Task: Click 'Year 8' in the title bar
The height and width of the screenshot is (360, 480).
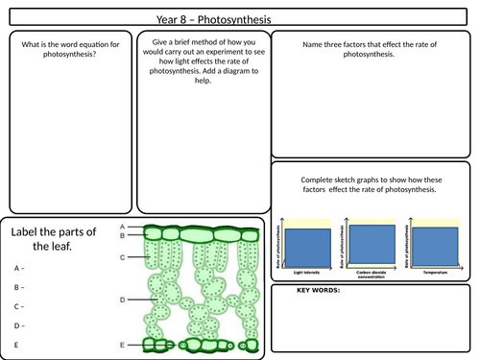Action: tap(176, 18)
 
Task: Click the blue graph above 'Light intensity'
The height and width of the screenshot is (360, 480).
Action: tap(305, 247)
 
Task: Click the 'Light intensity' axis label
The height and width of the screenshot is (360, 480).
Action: tap(305, 273)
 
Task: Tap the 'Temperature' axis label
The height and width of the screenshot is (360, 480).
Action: tap(436, 273)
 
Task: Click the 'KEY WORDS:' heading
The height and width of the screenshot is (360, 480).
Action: tap(318, 290)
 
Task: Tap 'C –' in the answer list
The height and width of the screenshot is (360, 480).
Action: tap(19, 306)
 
